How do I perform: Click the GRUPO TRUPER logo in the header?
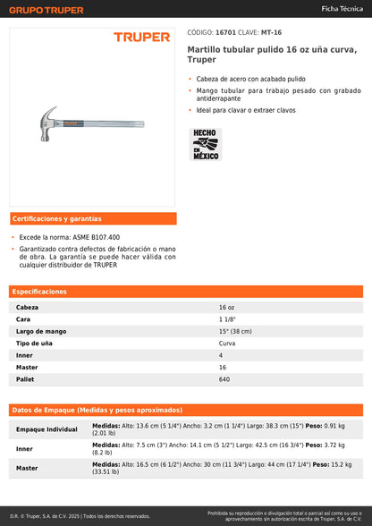click(46, 10)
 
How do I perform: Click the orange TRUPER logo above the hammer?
click(141, 38)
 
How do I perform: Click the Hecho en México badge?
click(207, 145)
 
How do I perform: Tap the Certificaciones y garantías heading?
click(57, 218)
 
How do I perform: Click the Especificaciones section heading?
click(41, 292)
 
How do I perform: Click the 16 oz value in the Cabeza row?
click(227, 307)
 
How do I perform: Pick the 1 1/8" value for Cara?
click(228, 319)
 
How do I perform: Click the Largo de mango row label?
click(41, 331)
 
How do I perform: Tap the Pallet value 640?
click(224, 379)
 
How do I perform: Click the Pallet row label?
click(25, 379)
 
